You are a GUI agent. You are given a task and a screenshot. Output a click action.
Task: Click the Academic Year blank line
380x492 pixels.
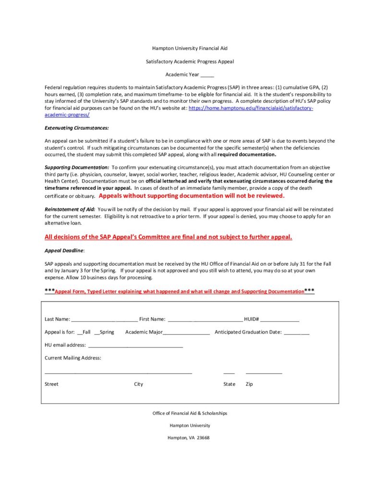point(207,75)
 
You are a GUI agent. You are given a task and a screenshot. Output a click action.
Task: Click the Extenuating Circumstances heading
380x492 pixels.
point(76,128)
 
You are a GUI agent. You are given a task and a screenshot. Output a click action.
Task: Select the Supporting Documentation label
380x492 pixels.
point(77,167)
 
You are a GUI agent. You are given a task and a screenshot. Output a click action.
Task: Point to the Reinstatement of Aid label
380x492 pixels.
point(70,209)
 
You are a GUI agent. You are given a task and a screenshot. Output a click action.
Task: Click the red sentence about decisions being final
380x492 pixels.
point(168,237)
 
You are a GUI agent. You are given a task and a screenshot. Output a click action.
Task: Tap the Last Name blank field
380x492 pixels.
point(104,320)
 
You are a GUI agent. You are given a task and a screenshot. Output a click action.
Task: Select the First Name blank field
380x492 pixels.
point(205,320)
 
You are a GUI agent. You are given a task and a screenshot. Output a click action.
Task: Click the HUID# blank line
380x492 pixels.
point(280,320)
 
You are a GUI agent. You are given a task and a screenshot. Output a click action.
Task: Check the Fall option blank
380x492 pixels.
point(80,332)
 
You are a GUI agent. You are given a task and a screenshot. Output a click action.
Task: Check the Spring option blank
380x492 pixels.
point(98,332)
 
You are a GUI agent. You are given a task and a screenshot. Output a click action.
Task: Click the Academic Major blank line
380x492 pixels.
point(186,332)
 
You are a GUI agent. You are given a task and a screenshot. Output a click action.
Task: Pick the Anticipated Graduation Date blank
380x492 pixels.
point(296,332)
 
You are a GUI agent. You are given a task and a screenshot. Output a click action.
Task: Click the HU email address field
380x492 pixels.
point(135,345)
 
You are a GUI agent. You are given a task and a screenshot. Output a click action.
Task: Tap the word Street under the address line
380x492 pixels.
point(51,384)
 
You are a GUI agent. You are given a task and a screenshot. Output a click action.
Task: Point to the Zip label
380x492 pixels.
point(249,384)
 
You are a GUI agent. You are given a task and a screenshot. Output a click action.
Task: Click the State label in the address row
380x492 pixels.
point(229,384)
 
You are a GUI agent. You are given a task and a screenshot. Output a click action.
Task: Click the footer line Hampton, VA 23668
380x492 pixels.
point(188,438)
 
